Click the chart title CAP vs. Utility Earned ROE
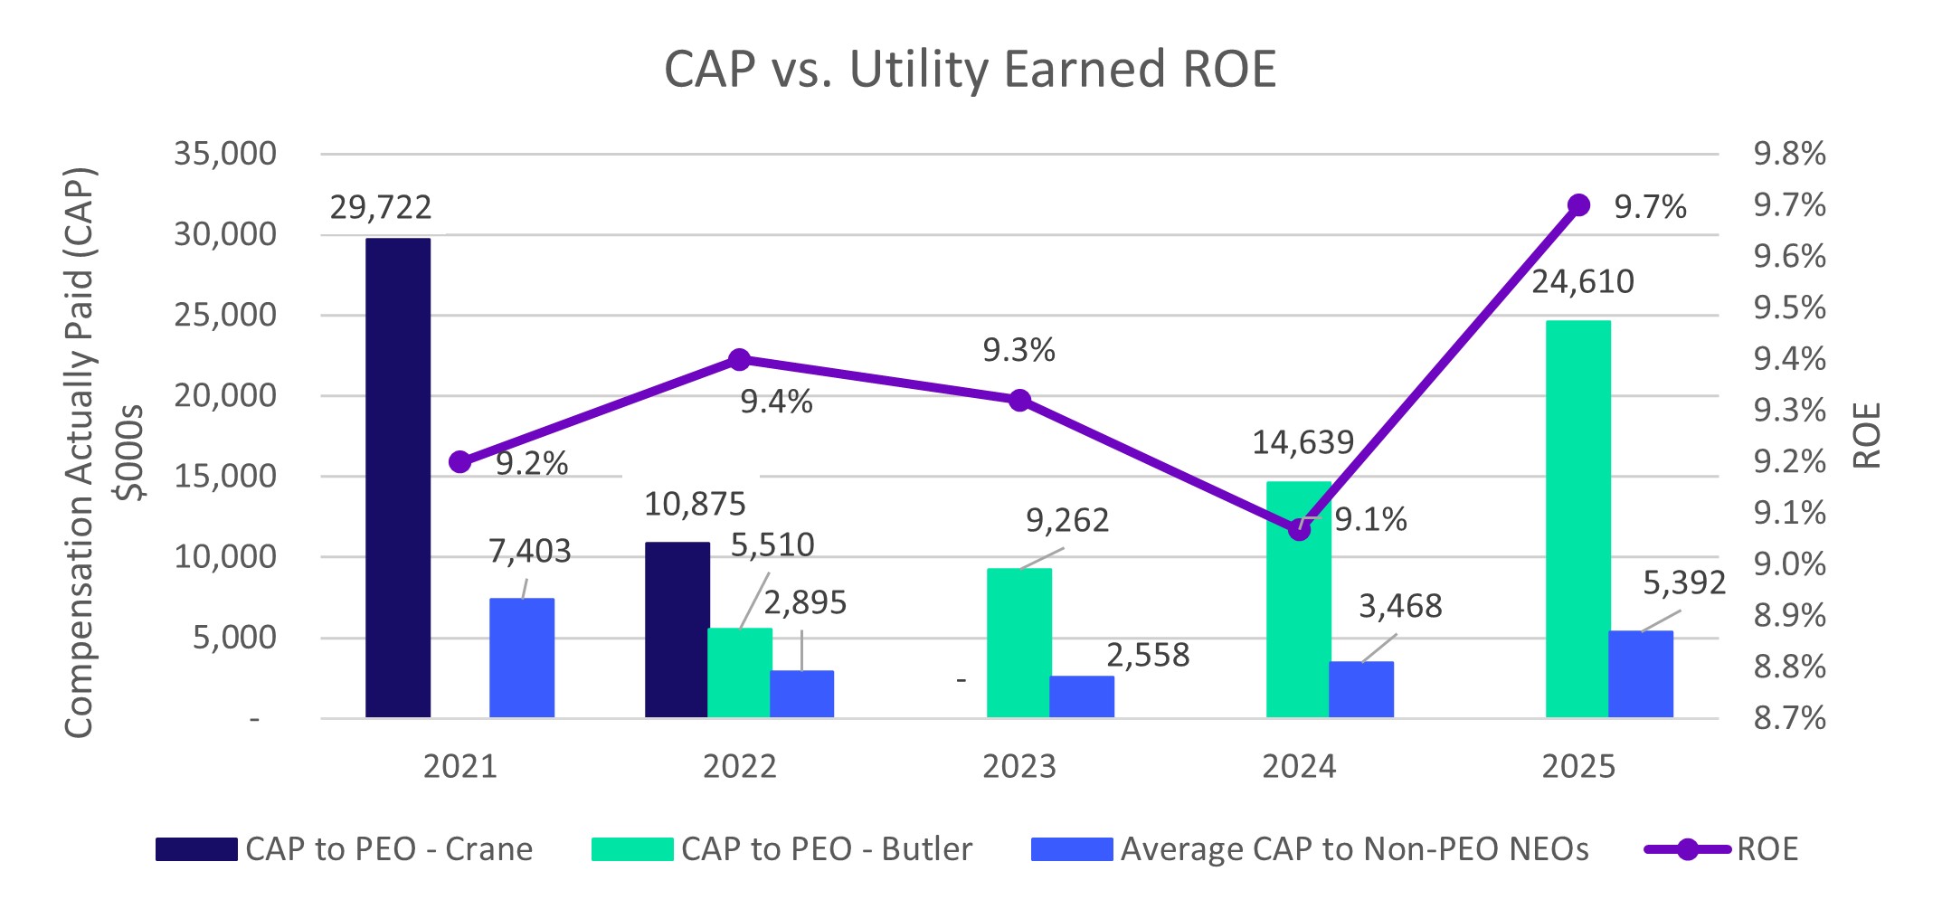(x=970, y=70)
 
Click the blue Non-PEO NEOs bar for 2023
(x=1081, y=696)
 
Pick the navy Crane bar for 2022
(x=677, y=630)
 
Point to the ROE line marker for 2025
(x=1578, y=205)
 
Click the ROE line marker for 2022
(x=739, y=360)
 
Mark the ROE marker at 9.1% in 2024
(x=1299, y=530)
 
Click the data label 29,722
(x=381, y=208)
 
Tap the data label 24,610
(x=1582, y=282)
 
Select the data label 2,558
(x=1148, y=656)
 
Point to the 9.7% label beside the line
(x=1650, y=208)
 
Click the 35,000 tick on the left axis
(x=225, y=154)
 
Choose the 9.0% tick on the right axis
(x=1789, y=564)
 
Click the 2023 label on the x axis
(x=1018, y=767)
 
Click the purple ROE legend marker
(x=1687, y=849)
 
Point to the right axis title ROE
(x=1867, y=435)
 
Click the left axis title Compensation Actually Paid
(x=80, y=452)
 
